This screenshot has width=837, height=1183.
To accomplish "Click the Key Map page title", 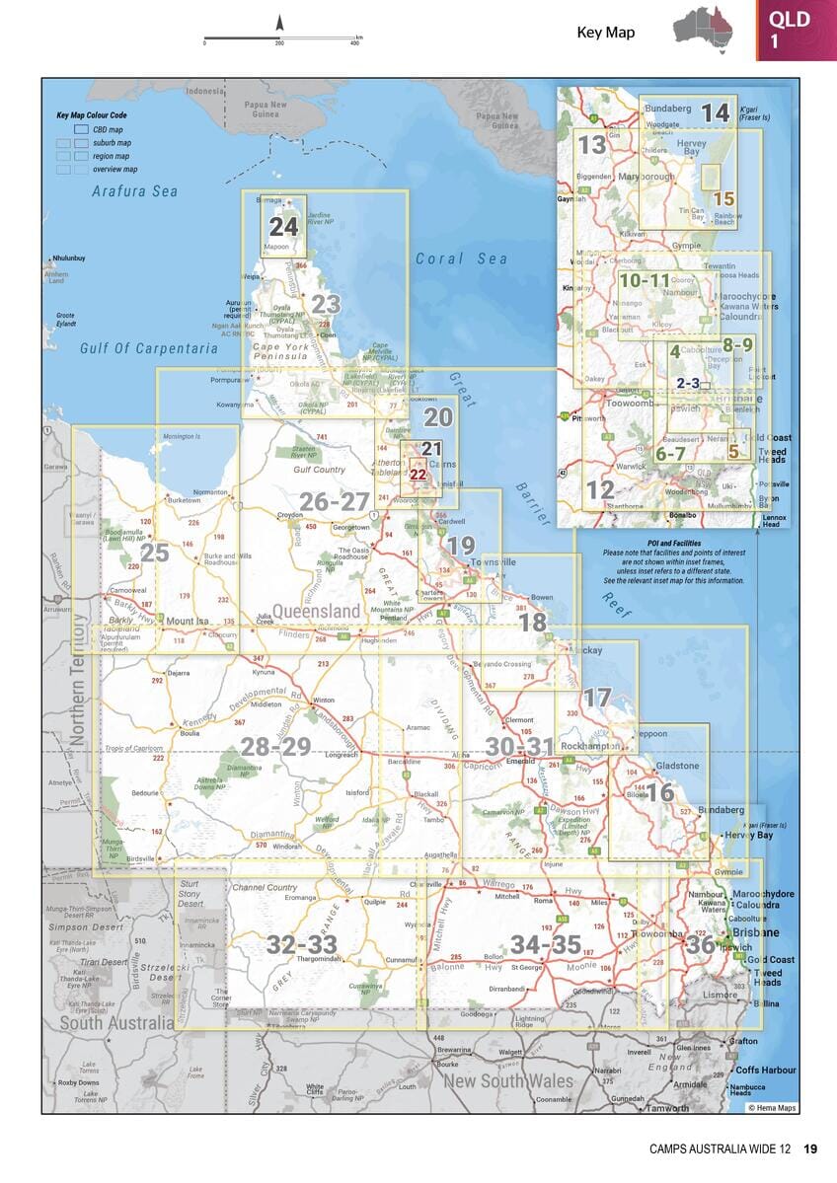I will [605, 33].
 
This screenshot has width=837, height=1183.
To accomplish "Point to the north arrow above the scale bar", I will [279, 23].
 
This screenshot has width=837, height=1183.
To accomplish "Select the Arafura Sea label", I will [134, 191].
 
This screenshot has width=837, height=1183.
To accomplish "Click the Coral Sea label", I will [461, 259].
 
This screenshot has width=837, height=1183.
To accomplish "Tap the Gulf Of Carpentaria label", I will [149, 348].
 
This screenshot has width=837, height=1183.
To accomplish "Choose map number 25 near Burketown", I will [155, 553].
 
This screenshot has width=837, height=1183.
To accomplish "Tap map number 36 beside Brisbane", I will [701, 944].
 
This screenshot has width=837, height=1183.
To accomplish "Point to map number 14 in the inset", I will [715, 112].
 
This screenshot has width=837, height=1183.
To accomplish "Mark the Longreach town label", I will [341, 755].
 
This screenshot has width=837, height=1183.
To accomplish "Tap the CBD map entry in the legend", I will [108, 130].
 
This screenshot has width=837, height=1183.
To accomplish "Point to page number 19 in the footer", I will [810, 1148].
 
